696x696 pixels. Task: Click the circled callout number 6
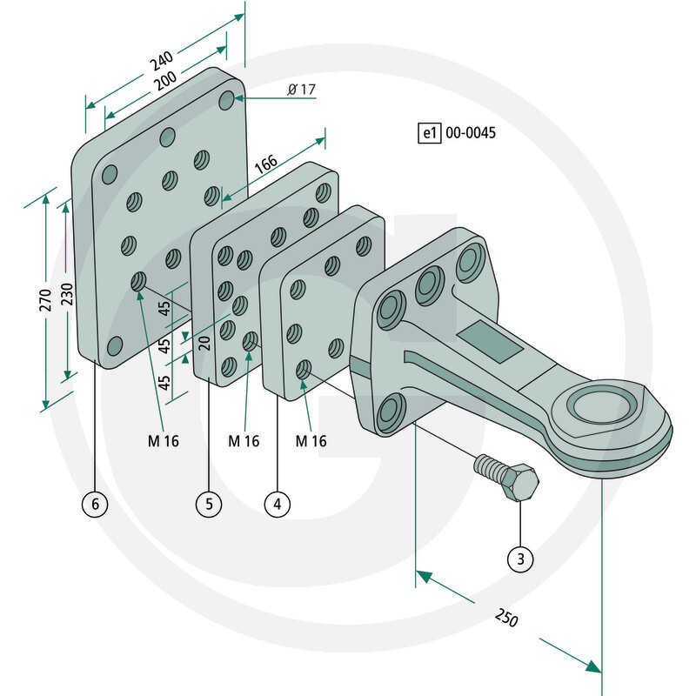(96, 504)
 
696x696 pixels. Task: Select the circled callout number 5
(209, 504)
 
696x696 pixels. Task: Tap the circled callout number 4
(277, 504)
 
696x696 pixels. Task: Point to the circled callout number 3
(519, 558)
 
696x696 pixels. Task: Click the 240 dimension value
(158, 62)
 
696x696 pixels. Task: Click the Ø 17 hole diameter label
(299, 90)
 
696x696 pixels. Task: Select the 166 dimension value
(266, 164)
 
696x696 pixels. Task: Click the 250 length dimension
(505, 620)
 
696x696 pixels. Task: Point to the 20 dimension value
(204, 342)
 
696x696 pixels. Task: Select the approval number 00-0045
(470, 133)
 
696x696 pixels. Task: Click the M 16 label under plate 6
(162, 441)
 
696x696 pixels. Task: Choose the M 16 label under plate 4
(311, 441)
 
